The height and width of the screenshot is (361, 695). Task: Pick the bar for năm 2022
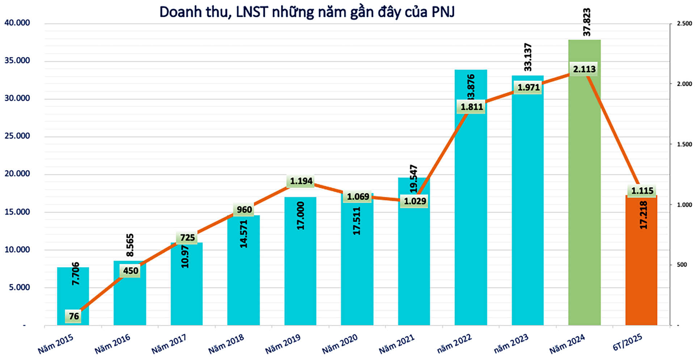click(x=471, y=217)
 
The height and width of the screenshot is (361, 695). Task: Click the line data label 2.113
click(x=584, y=69)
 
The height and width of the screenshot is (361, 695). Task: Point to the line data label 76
click(x=74, y=316)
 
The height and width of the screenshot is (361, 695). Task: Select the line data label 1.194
click(x=301, y=181)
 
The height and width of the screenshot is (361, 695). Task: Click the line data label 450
click(x=131, y=271)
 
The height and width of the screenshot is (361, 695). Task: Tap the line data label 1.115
click(x=642, y=191)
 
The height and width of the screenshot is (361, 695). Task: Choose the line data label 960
click(x=244, y=210)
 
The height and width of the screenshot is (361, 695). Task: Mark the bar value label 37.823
click(x=587, y=22)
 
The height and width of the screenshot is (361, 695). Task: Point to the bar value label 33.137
click(x=528, y=57)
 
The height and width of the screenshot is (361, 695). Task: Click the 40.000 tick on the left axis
click(x=17, y=23)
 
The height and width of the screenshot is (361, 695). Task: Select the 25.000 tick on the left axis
click(x=17, y=136)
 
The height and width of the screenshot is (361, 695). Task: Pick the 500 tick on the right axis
click(x=682, y=265)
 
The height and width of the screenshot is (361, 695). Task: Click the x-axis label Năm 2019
click(x=283, y=344)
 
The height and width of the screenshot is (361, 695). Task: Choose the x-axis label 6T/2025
click(x=627, y=343)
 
